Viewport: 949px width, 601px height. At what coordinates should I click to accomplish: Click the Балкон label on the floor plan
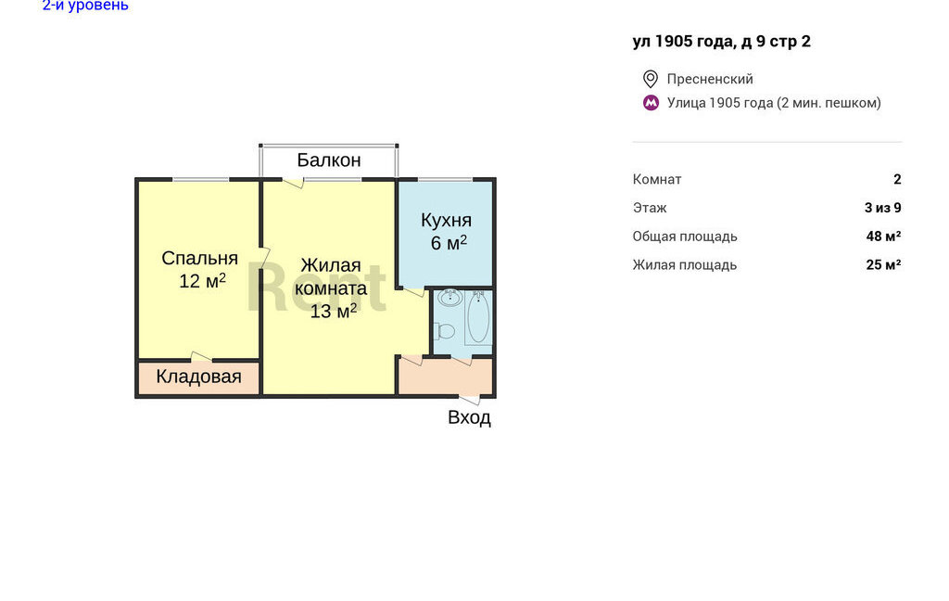(x=329, y=160)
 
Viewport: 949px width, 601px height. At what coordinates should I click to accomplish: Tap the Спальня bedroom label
(x=200, y=258)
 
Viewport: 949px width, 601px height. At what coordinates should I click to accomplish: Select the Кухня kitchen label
(x=446, y=220)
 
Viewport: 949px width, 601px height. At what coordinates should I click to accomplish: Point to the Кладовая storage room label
(x=198, y=377)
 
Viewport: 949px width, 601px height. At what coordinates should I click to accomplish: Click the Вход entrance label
(x=469, y=417)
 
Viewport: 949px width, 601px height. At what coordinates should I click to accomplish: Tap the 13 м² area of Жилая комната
(x=334, y=311)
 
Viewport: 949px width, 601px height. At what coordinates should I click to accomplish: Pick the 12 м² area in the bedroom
(x=202, y=280)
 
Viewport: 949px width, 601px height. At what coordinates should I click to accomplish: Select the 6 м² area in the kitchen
(x=449, y=242)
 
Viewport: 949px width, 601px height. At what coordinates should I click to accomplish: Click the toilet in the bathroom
(x=445, y=331)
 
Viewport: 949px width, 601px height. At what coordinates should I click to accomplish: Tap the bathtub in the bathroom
(x=478, y=317)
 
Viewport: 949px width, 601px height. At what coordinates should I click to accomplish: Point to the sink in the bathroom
(x=449, y=297)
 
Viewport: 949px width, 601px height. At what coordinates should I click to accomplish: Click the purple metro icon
(x=651, y=103)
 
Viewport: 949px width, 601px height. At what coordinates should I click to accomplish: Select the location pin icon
(x=651, y=79)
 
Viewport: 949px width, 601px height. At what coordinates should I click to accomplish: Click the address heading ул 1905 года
(x=721, y=41)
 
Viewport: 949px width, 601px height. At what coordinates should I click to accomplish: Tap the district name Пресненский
(x=710, y=79)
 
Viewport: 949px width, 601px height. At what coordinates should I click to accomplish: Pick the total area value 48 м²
(x=883, y=237)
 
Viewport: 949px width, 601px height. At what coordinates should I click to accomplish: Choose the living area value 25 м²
(x=883, y=264)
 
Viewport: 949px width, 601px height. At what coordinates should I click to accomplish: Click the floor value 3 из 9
(x=883, y=208)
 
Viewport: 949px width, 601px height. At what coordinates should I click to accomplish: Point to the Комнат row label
(x=657, y=179)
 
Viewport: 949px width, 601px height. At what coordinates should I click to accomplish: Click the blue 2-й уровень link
(x=85, y=6)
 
